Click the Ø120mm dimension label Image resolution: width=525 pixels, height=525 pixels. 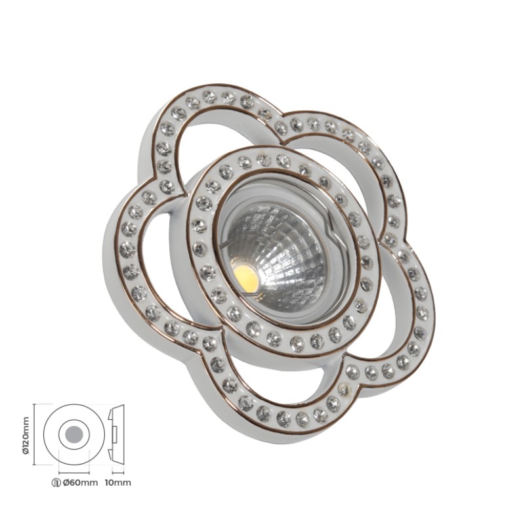click(27, 434)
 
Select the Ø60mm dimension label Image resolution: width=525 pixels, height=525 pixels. click(81, 482)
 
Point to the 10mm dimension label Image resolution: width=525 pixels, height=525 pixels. click(118, 482)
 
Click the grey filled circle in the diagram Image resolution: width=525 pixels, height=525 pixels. click(74, 434)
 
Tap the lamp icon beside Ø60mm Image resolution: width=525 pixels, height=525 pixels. click(57, 483)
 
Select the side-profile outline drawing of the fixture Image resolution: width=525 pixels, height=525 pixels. click(116, 434)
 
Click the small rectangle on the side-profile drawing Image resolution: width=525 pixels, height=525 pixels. click(114, 434)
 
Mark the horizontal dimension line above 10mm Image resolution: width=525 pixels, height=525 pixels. click(118, 472)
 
